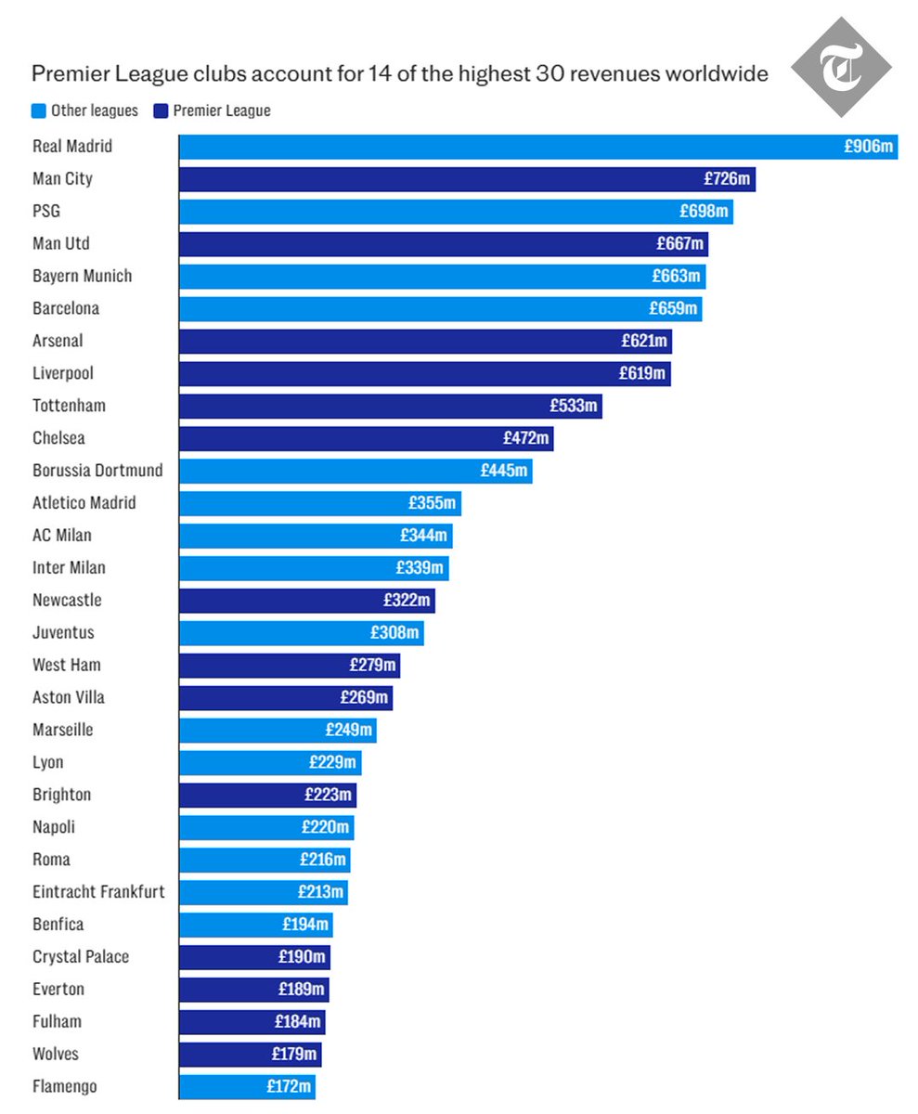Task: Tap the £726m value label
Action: point(727,179)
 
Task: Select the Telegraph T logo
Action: point(841,67)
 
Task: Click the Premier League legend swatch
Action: point(161,111)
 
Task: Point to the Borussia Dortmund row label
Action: point(97,471)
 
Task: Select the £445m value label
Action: point(504,471)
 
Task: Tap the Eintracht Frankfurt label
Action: point(98,892)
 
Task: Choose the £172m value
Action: point(289,1086)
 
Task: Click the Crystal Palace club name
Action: point(81,957)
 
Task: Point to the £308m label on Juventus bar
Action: point(395,633)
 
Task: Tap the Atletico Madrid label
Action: point(84,503)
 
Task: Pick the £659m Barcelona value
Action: point(673,308)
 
